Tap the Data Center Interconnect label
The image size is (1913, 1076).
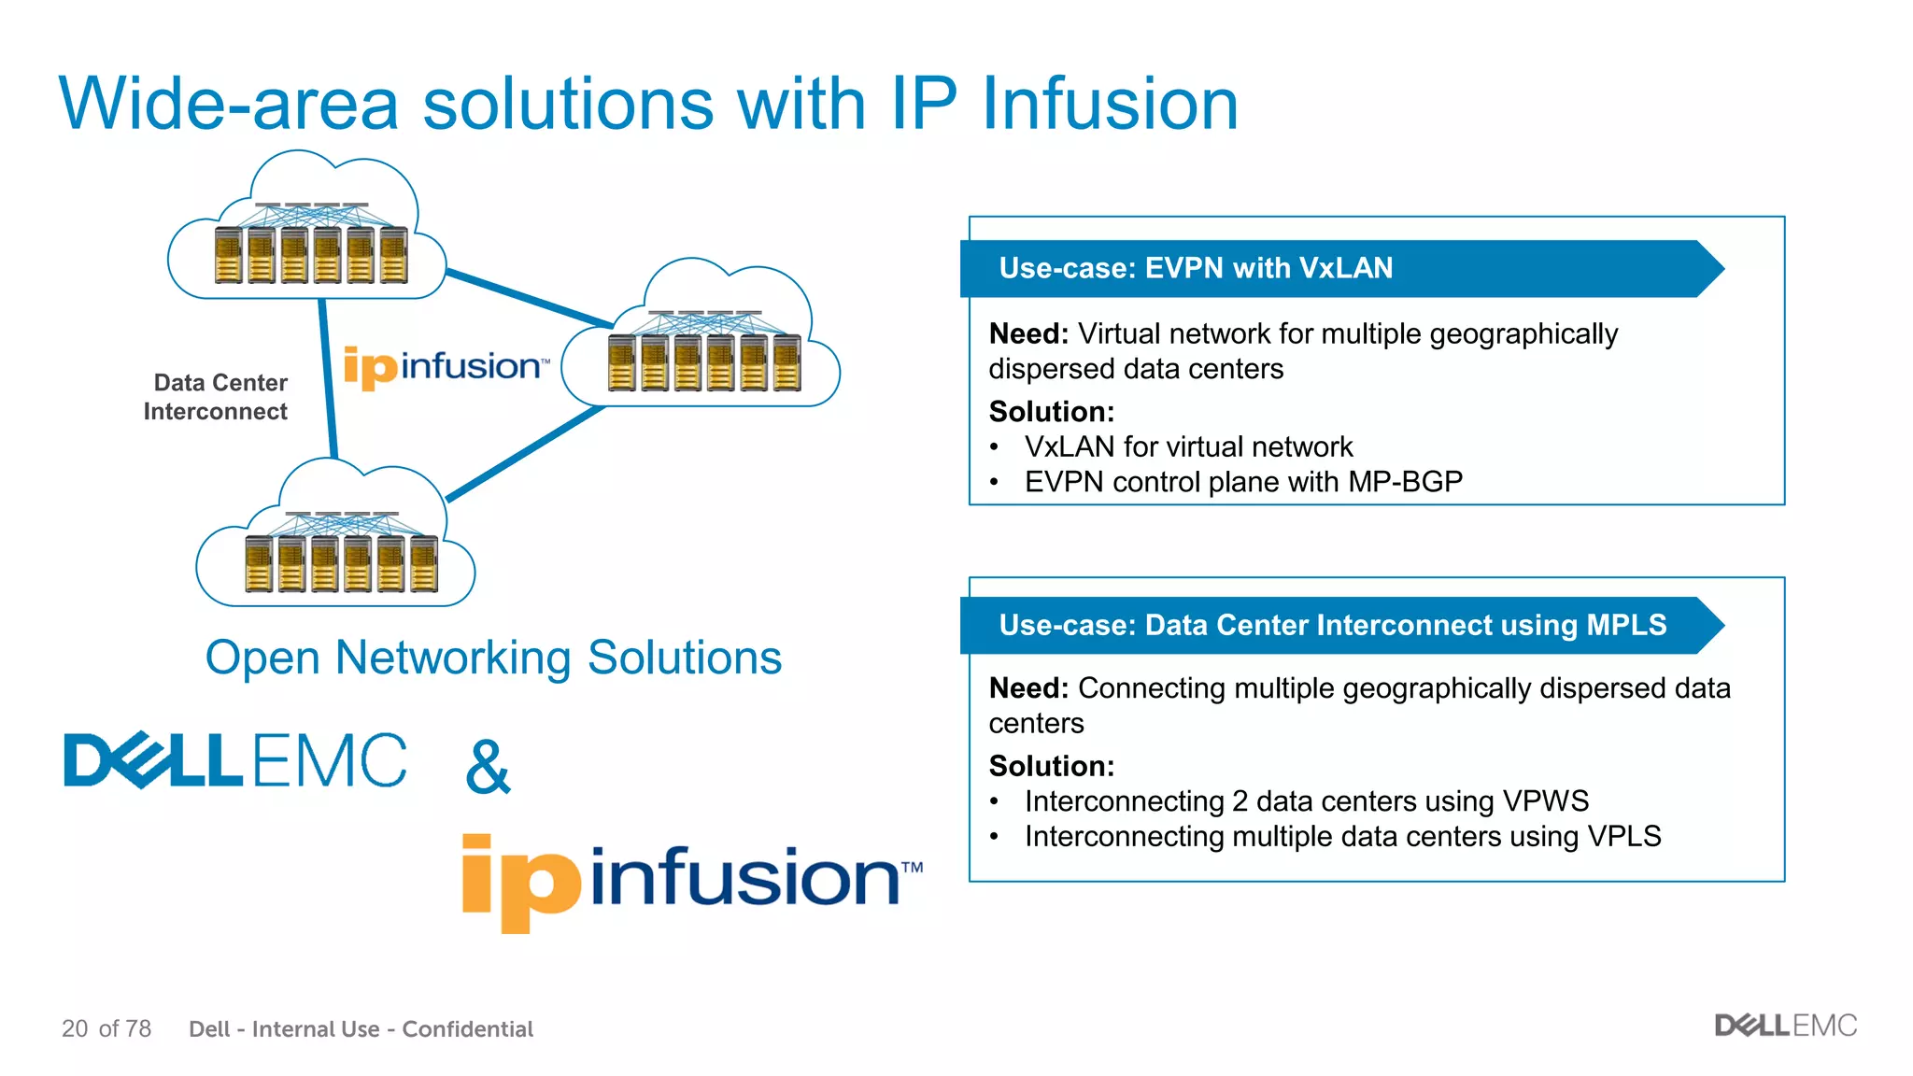pyautogui.click(x=217, y=397)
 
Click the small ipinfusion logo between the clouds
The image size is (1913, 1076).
pyautogui.click(x=446, y=366)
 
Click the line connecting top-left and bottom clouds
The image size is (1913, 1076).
pyautogui.click(x=327, y=378)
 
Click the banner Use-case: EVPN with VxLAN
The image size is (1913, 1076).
pyautogui.click(x=1196, y=269)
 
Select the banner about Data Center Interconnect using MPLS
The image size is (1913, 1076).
pyautogui.click(x=1332, y=625)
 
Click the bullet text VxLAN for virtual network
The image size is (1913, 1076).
pyautogui.click(x=1188, y=446)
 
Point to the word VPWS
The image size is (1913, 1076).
pyautogui.click(x=1545, y=801)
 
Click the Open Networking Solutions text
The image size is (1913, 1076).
pyautogui.click(x=493, y=658)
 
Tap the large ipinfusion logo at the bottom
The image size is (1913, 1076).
pyautogui.click(x=691, y=878)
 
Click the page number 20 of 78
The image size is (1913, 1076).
pyautogui.click(x=106, y=1028)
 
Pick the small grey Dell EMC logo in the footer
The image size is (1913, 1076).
pyautogui.click(x=1785, y=1026)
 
